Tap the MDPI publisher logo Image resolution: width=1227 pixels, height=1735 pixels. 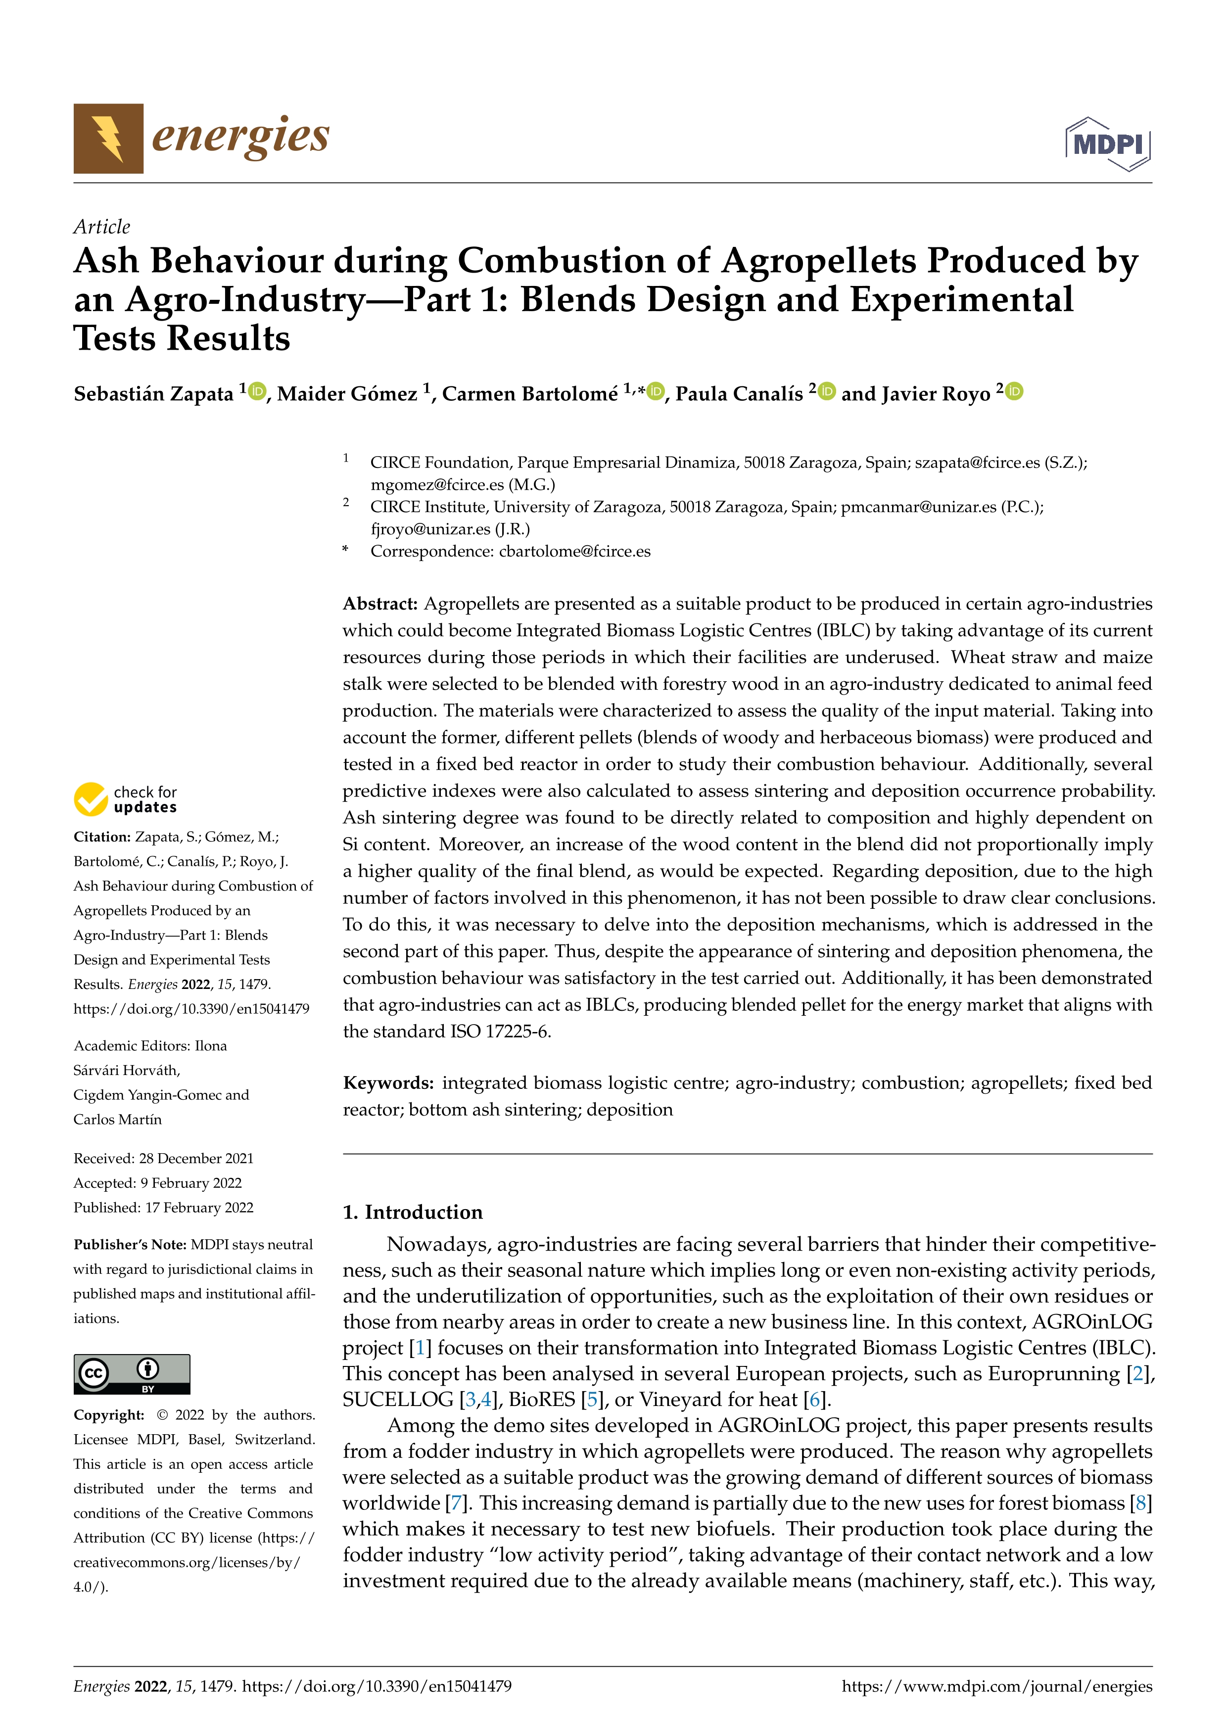pyautogui.click(x=1108, y=143)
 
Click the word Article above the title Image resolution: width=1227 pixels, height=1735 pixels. pyautogui.click(x=101, y=227)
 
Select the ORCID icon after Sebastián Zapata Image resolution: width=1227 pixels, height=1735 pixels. pyautogui.click(x=258, y=391)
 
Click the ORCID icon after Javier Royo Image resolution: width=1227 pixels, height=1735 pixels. pyautogui.click(x=1015, y=391)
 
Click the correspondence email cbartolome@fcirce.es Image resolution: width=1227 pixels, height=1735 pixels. pyautogui.click(x=574, y=551)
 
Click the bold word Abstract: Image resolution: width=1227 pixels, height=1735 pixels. pyautogui.click(x=380, y=604)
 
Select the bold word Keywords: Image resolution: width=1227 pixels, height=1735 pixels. pyautogui.click(x=388, y=1083)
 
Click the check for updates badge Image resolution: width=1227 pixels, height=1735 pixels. pyautogui.click(x=125, y=799)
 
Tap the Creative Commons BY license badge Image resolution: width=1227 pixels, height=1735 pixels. pyautogui.click(x=132, y=1374)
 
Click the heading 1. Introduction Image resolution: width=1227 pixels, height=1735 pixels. pyautogui.click(x=413, y=1212)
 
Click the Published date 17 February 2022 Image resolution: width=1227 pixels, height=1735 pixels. pyautogui.click(x=199, y=1208)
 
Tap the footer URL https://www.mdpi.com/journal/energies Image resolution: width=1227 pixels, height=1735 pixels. pyautogui.click(x=996, y=1686)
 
